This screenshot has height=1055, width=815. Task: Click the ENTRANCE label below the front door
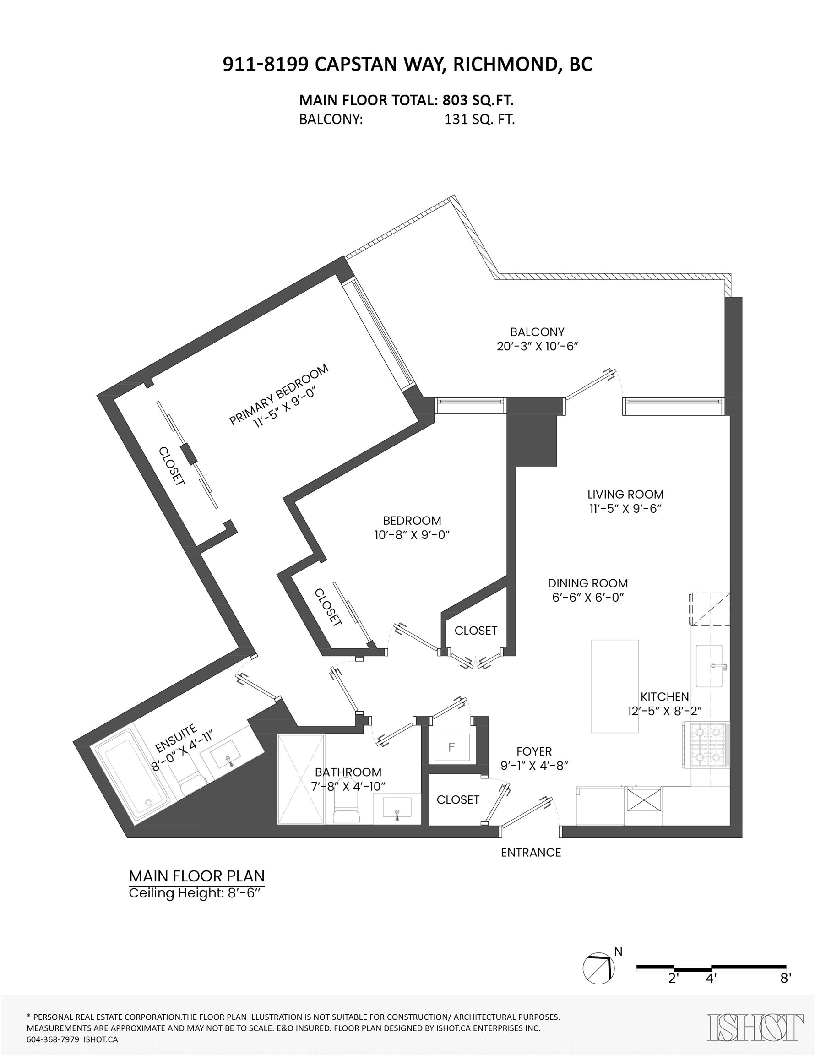[x=531, y=853]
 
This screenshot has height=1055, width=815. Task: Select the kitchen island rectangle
[x=614, y=686]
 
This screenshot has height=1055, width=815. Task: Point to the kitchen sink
[x=709, y=666]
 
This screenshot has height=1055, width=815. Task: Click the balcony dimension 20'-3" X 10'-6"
[x=537, y=346]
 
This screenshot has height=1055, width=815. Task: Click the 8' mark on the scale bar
[x=786, y=979]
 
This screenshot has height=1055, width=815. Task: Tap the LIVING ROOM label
[x=625, y=494]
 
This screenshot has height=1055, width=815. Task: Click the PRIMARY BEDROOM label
[x=279, y=388]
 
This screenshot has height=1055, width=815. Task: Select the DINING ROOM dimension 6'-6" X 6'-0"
[x=588, y=597]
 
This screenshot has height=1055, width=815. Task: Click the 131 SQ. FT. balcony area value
[x=479, y=120]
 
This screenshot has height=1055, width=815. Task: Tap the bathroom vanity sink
[x=397, y=808]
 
